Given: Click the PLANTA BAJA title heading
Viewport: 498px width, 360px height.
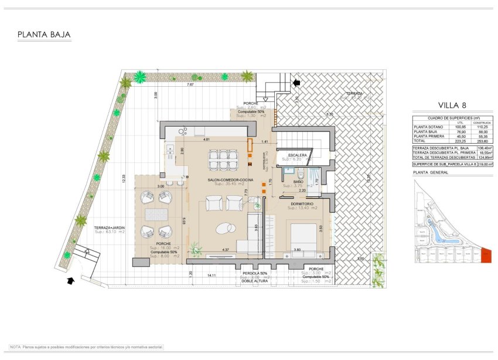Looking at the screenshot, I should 44,35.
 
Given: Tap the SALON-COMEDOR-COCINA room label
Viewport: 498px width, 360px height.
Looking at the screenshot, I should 221,179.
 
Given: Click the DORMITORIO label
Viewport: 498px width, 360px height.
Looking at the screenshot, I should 303,203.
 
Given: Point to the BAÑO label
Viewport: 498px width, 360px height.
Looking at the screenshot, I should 298,182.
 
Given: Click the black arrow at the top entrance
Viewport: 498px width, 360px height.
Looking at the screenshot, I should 296,83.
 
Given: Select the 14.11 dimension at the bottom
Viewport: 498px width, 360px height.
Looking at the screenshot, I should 212,274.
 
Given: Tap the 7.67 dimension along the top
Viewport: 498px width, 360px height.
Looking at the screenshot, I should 190,86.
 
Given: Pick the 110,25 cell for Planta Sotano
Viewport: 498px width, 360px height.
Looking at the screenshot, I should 482,127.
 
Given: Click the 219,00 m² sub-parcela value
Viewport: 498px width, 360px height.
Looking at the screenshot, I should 484,165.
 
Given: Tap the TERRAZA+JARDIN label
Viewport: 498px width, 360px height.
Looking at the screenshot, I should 110,226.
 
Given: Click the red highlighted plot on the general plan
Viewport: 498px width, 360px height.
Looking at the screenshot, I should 486,255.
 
